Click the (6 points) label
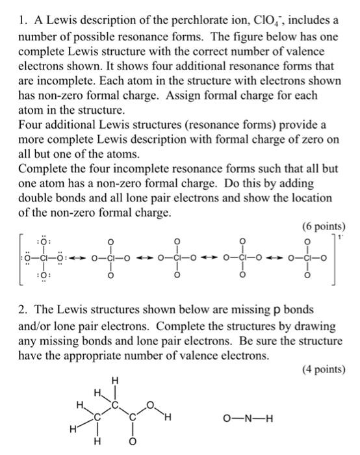tap(324, 227)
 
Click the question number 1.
tap(17, 11)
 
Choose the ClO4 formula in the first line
tap(260, 11)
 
